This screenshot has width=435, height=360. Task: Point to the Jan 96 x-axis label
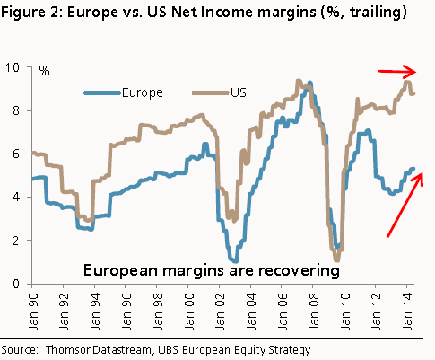(126, 310)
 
